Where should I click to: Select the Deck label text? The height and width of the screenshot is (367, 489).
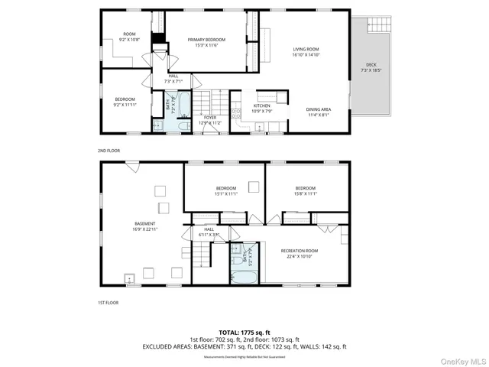(371, 67)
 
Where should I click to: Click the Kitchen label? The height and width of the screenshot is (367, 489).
(262, 108)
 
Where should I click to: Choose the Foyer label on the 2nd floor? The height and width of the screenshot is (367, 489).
(210, 120)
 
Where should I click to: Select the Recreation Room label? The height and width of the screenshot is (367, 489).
(300, 253)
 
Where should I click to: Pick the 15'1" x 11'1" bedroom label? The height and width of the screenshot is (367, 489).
(226, 190)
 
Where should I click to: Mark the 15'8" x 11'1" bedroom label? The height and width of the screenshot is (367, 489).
(306, 190)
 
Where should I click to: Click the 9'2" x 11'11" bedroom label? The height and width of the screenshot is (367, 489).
(125, 102)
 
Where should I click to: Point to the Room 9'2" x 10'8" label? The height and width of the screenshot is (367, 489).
(130, 36)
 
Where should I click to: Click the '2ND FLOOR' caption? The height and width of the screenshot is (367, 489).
(108, 151)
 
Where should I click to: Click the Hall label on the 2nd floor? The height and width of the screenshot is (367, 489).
(173, 79)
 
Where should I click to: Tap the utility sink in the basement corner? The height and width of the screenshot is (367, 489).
(131, 278)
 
